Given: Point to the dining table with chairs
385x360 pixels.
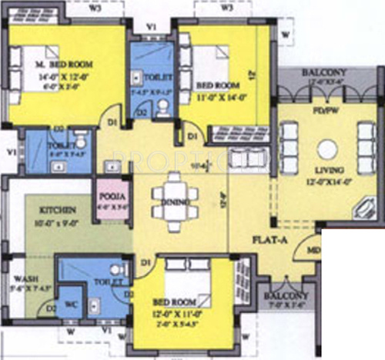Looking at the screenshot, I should [176, 195].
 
